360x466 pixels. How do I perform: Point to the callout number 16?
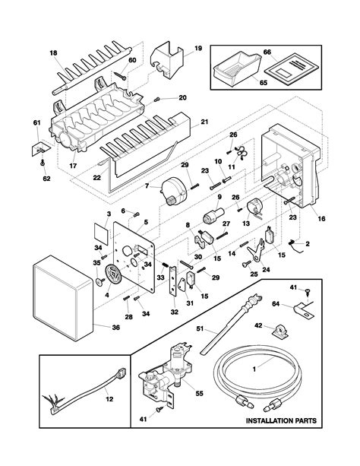pos(322,218)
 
